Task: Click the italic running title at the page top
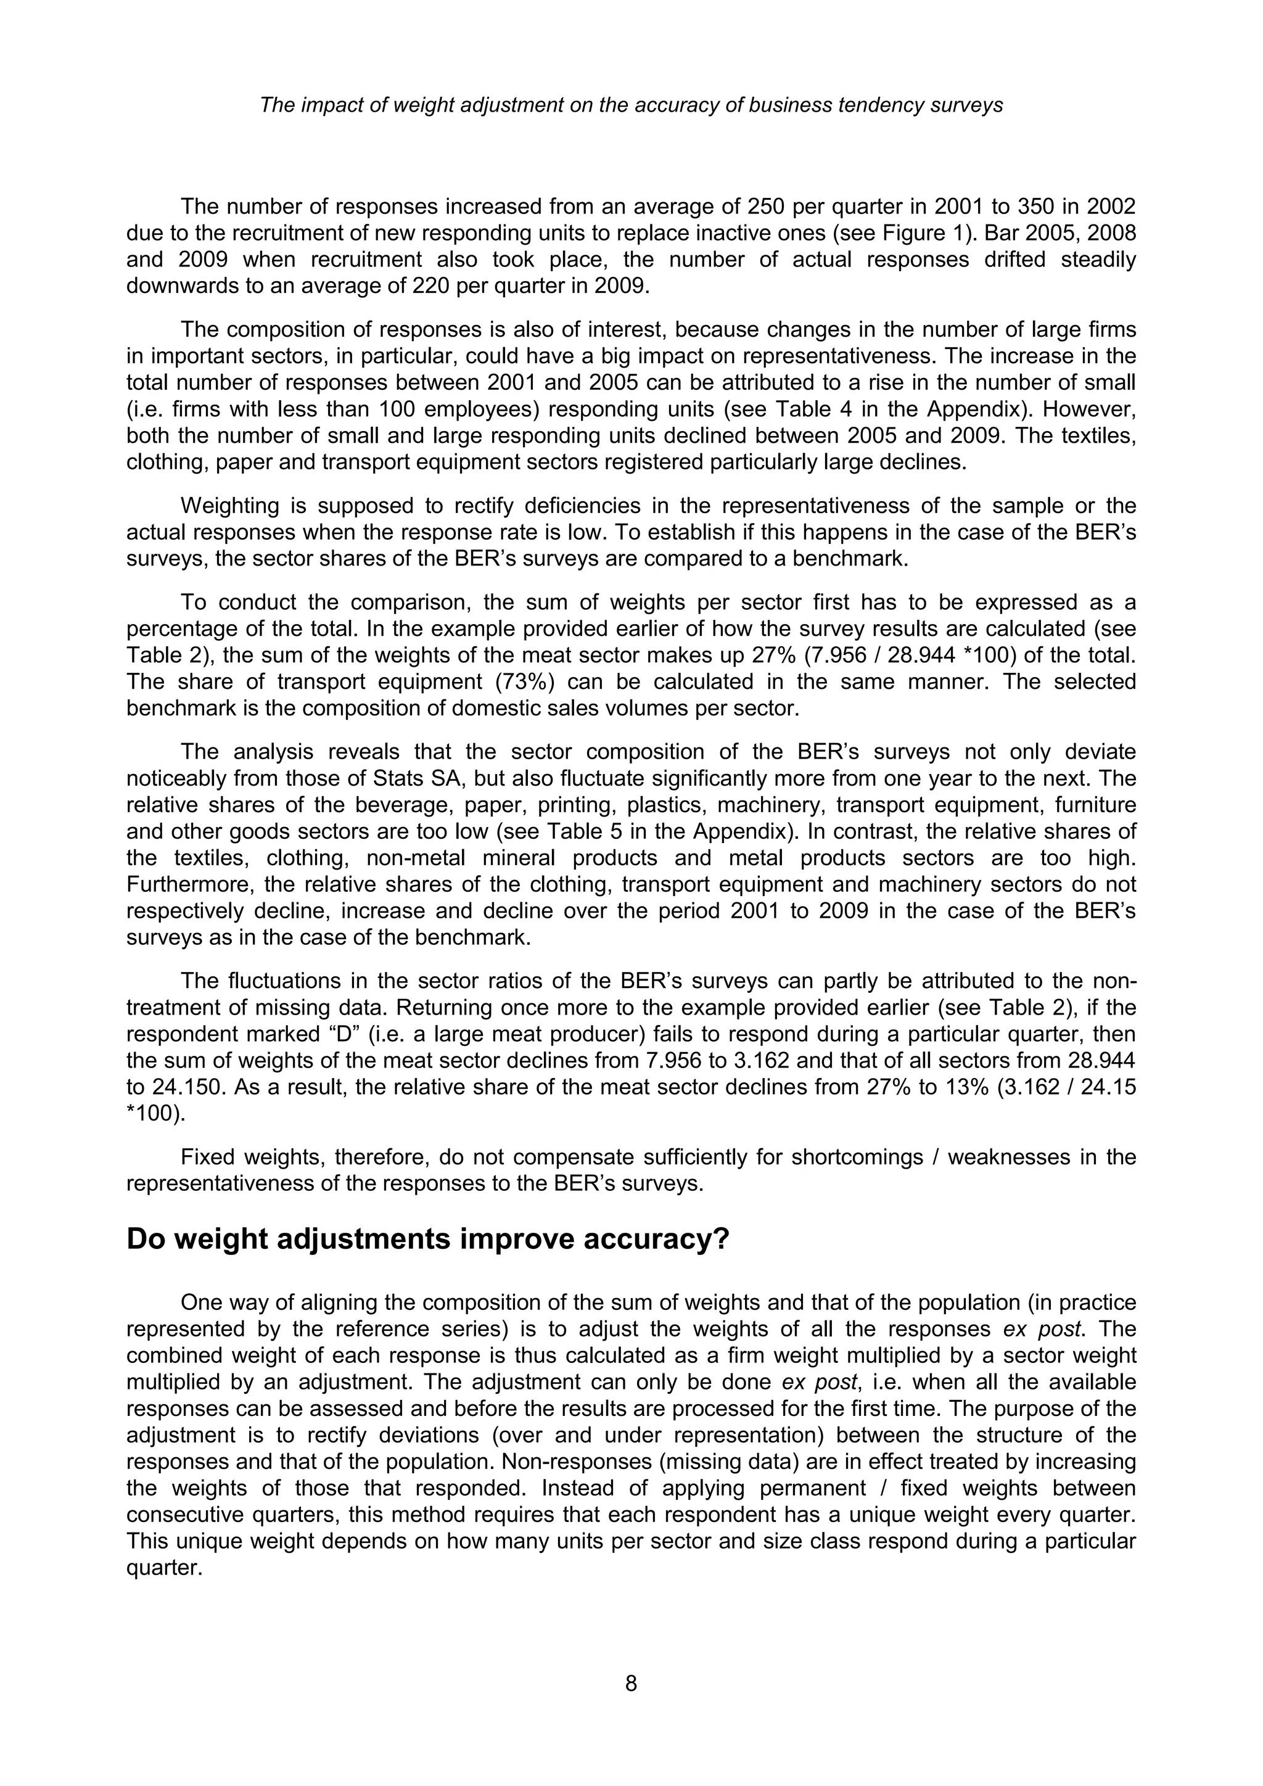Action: (x=631, y=105)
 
